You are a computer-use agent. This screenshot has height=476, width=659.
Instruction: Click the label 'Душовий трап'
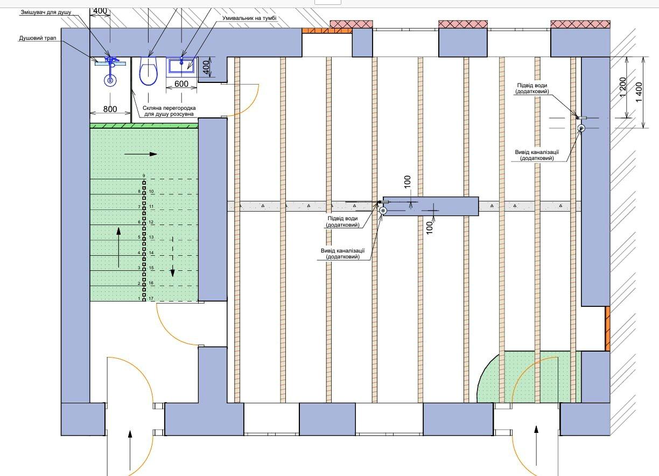tap(34, 38)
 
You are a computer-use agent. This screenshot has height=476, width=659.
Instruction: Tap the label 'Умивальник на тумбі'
tap(249, 18)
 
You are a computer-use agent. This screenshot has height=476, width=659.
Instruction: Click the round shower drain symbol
tap(110, 81)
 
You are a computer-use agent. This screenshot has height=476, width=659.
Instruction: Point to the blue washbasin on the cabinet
tap(181, 66)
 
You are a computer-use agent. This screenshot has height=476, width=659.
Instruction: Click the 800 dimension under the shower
tap(110, 109)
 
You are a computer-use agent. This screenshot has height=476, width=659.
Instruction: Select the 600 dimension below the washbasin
tap(181, 84)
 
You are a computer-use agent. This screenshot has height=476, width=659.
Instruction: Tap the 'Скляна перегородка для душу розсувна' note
tap(169, 111)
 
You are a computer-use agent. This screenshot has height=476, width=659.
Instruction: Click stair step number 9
tap(144, 176)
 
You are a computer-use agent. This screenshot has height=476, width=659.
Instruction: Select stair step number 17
tap(151, 298)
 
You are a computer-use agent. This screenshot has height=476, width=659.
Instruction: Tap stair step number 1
tap(139, 298)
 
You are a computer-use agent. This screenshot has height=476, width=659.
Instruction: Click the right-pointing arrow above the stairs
tap(141, 154)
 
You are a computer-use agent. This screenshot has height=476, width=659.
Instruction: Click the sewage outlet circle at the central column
tap(383, 211)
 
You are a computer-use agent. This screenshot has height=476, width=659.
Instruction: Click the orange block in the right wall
tap(607, 328)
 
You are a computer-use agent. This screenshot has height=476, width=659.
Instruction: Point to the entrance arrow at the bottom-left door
tap(130, 449)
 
